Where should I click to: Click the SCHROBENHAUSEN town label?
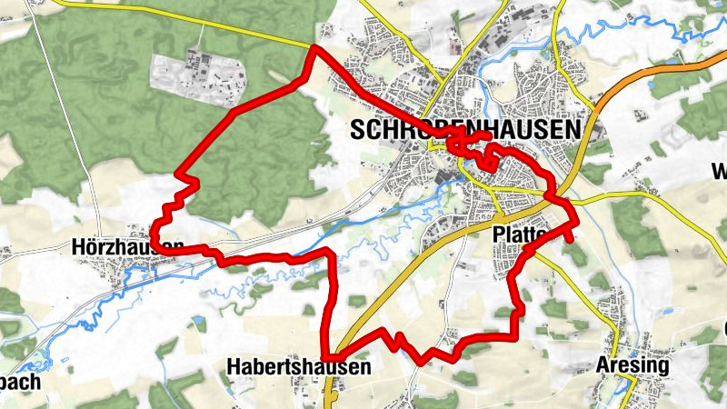(464, 131)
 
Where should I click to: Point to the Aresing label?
(632, 365)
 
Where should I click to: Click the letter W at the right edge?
(719, 172)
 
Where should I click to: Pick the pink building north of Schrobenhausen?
(453, 41)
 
